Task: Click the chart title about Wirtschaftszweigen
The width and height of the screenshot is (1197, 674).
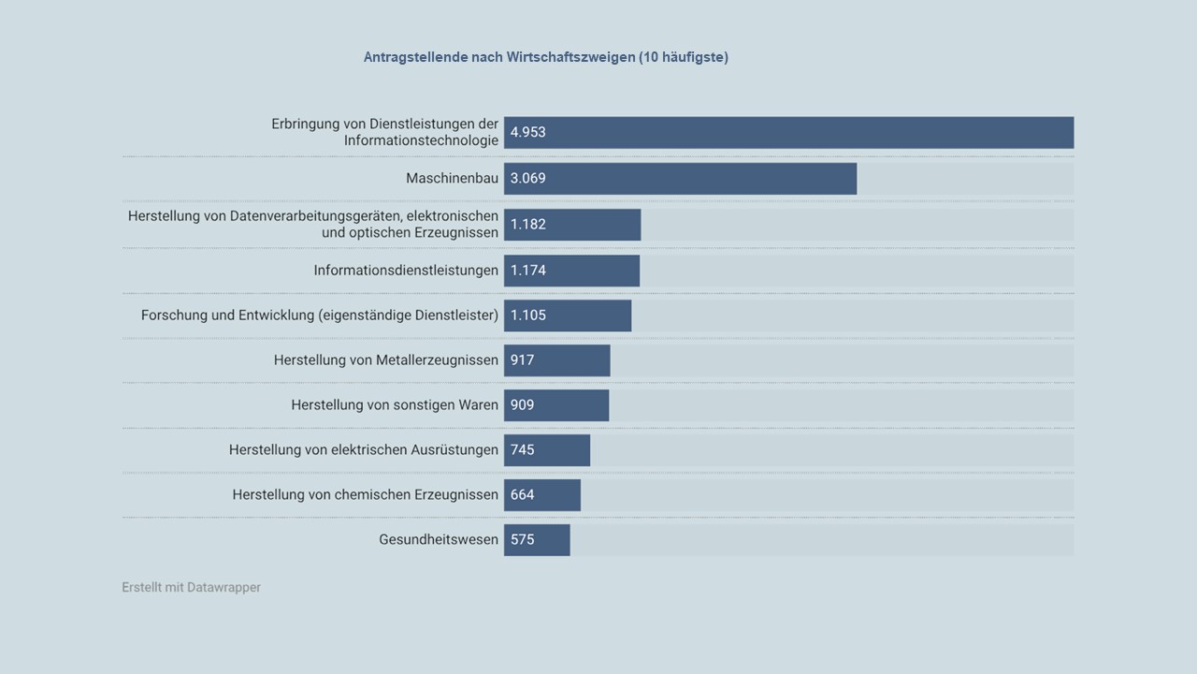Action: coord(545,57)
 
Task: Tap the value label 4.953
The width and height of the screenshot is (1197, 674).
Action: coord(528,133)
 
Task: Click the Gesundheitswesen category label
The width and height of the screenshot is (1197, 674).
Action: coord(439,540)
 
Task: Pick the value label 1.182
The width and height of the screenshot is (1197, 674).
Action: coord(528,225)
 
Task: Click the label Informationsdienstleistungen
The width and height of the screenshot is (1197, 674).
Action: coord(406,271)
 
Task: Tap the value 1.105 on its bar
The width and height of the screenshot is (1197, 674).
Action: coord(528,315)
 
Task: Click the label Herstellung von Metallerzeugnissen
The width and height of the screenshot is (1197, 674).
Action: coord(386,360)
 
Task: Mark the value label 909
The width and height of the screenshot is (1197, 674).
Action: coord(523,405)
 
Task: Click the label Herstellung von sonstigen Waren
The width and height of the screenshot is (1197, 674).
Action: coord(395,405)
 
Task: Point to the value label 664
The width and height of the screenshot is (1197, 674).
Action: coord(523,495)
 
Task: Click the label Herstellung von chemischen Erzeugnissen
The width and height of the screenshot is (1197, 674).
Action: coord(366,495)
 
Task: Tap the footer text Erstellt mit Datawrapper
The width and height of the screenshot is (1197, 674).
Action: coord(191,588)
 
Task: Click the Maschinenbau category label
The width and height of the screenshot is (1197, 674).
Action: coord(452,179)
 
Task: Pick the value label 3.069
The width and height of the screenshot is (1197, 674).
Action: coord(528,179)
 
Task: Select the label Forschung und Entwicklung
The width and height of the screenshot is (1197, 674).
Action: coord(320,315)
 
